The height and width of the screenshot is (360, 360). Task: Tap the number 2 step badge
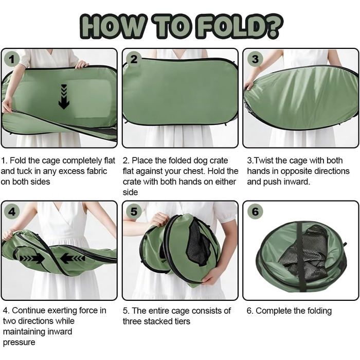click(134, 59)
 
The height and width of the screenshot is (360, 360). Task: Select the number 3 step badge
click(255, 59)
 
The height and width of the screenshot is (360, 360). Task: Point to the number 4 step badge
click(12, 211)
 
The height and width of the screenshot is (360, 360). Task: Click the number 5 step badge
click(134, 211)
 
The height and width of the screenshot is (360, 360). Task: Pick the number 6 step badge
click(255, 211)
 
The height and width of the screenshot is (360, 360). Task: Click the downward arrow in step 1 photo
click(64, 97)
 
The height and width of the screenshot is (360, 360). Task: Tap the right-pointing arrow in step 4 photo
click(32, 259)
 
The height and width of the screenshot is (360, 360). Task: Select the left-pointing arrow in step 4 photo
click(73, 258)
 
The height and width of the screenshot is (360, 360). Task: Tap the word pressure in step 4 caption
click(19, 343)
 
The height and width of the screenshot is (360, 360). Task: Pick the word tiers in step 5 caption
click(182, 321)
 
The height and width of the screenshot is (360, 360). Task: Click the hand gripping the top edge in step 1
click(81, 64)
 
